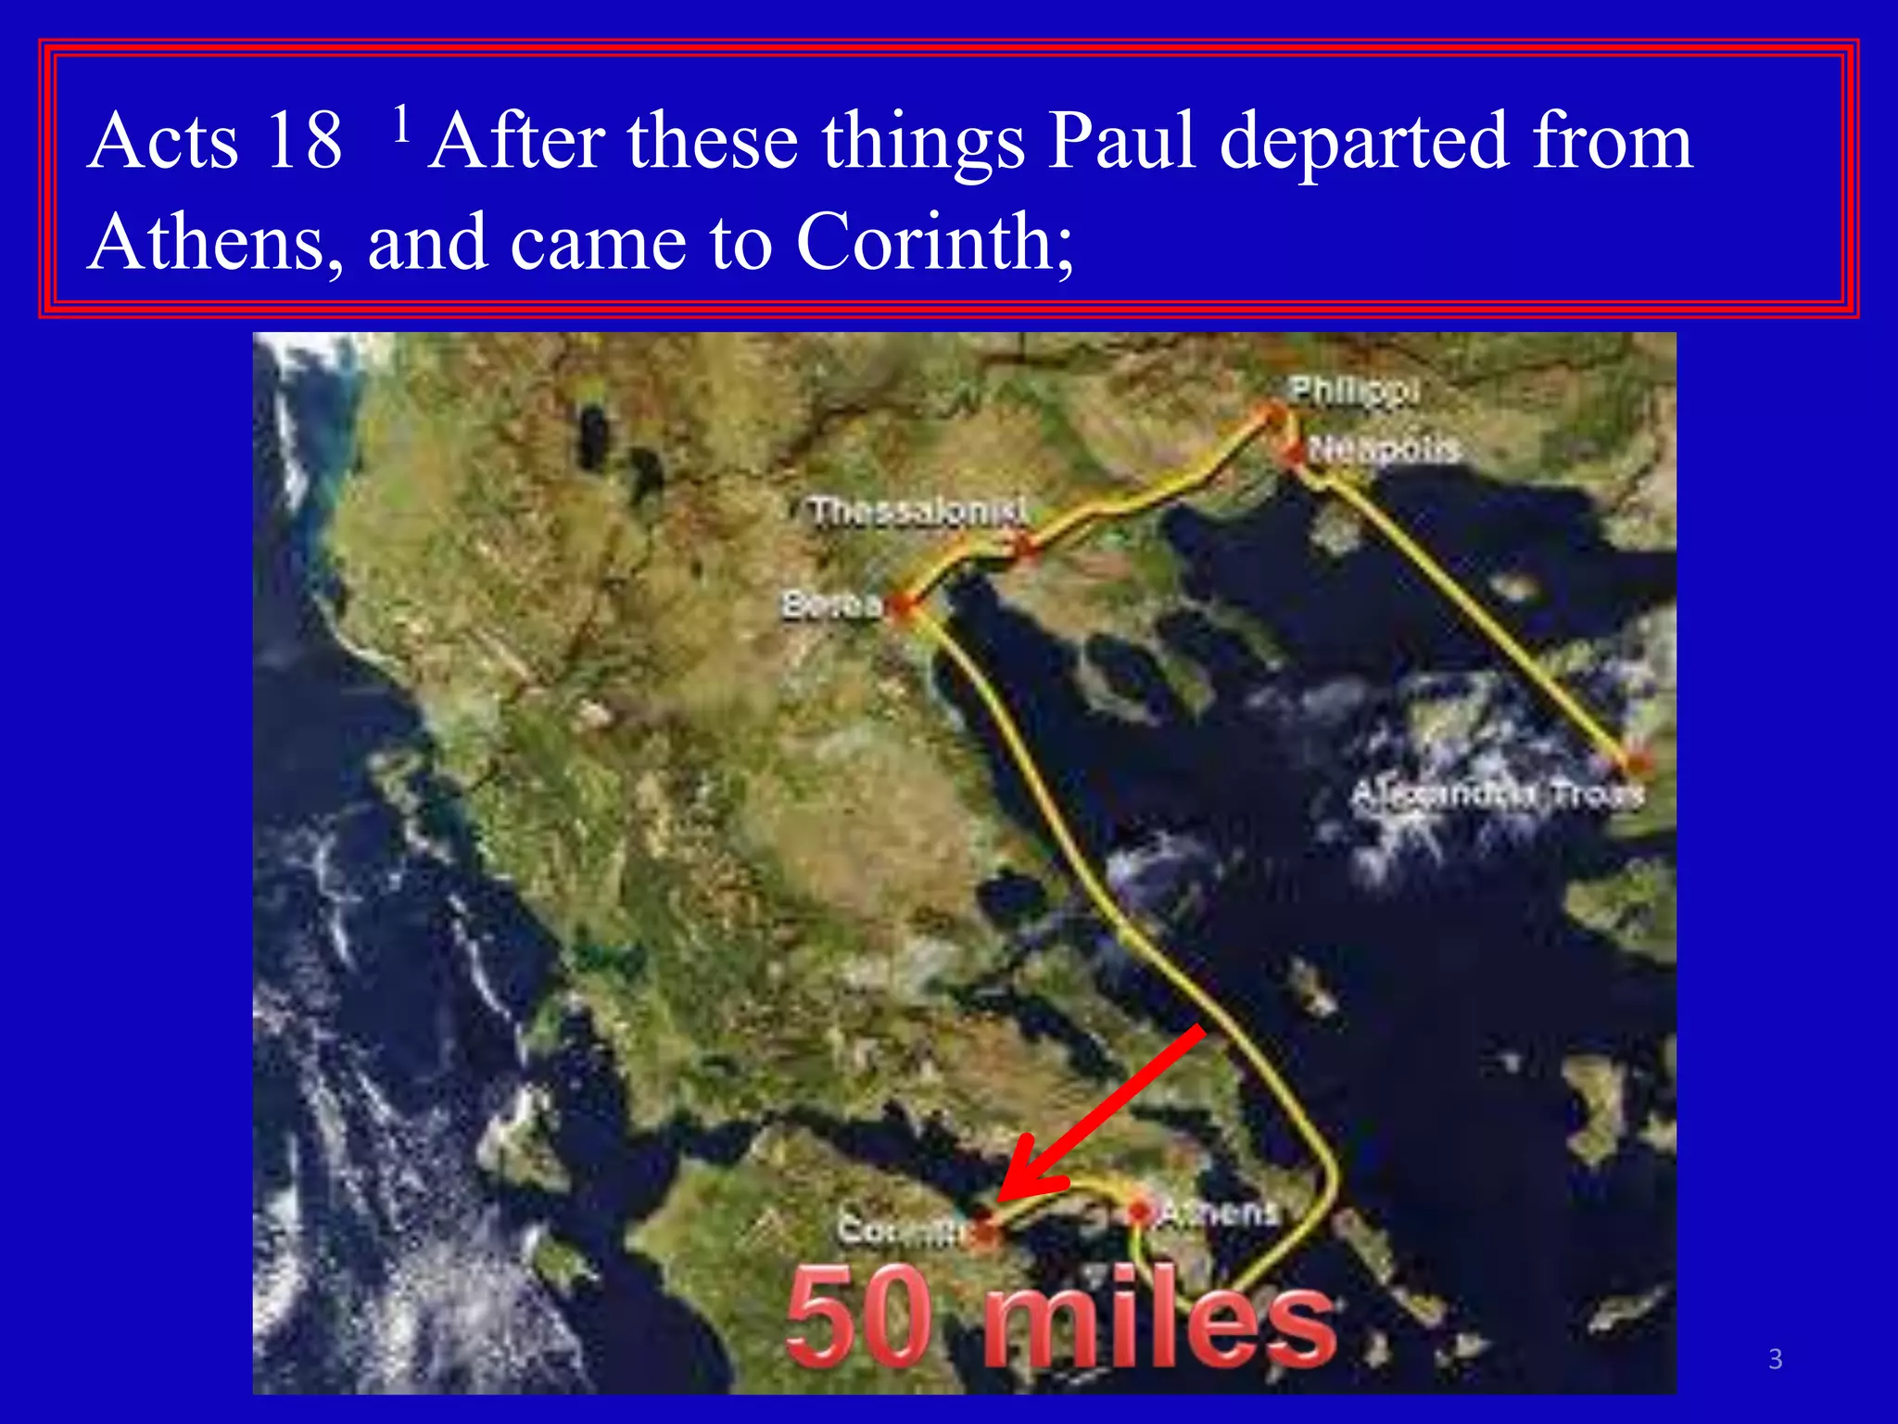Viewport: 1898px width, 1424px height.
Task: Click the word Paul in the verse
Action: [x=1121, y=142]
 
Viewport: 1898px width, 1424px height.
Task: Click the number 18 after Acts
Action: [x=302, y=142]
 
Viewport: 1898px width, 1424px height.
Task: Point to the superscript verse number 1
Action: [x=401, y=124]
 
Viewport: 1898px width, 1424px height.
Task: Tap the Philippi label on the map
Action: [x=1354, y=390]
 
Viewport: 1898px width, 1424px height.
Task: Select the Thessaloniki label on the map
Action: [x=918, y=511]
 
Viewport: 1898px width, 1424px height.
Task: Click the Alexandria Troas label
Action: [x=1496, y=795]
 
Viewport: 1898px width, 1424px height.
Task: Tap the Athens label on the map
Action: [x=1219, y=1211]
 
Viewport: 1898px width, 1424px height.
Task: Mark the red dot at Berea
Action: [x=901, y=607]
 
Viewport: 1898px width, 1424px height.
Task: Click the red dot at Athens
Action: [x=1139, y=1211]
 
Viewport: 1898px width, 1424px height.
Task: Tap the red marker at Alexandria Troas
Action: [x=1637, y=762]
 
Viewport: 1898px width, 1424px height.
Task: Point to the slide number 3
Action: [x=1775, y=1359]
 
